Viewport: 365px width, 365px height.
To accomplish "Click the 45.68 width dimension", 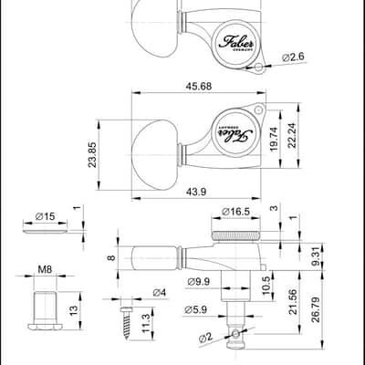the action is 199,87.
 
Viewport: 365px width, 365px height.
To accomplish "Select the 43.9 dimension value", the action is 196,192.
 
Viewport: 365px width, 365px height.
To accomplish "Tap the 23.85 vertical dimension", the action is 92,155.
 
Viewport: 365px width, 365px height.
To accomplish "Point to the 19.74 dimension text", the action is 275,140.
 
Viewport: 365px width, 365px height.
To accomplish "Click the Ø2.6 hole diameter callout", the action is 293,57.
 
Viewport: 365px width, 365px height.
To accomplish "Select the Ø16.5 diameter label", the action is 235,212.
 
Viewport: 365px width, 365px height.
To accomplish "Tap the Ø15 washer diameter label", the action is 45,216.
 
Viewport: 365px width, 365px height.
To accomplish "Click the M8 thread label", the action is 45,269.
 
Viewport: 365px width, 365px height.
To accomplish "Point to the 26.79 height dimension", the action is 316,309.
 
